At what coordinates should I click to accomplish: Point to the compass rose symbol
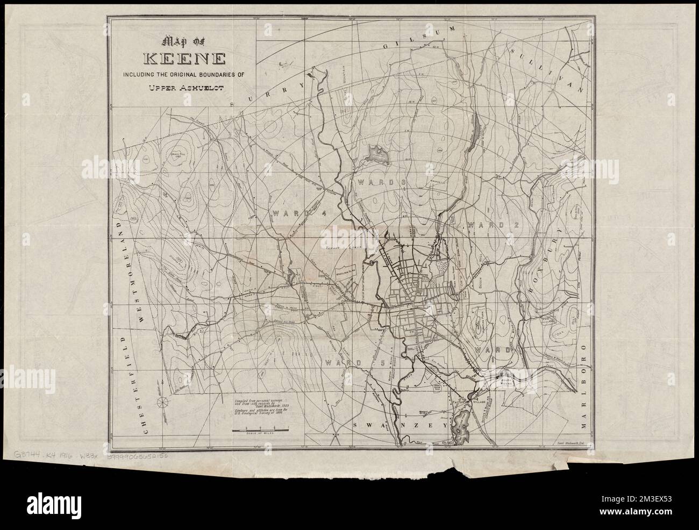(160, 402)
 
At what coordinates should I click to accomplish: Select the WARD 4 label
(293, 213)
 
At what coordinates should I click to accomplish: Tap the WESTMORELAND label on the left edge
(127, 269)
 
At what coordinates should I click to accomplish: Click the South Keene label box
(506, 382)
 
